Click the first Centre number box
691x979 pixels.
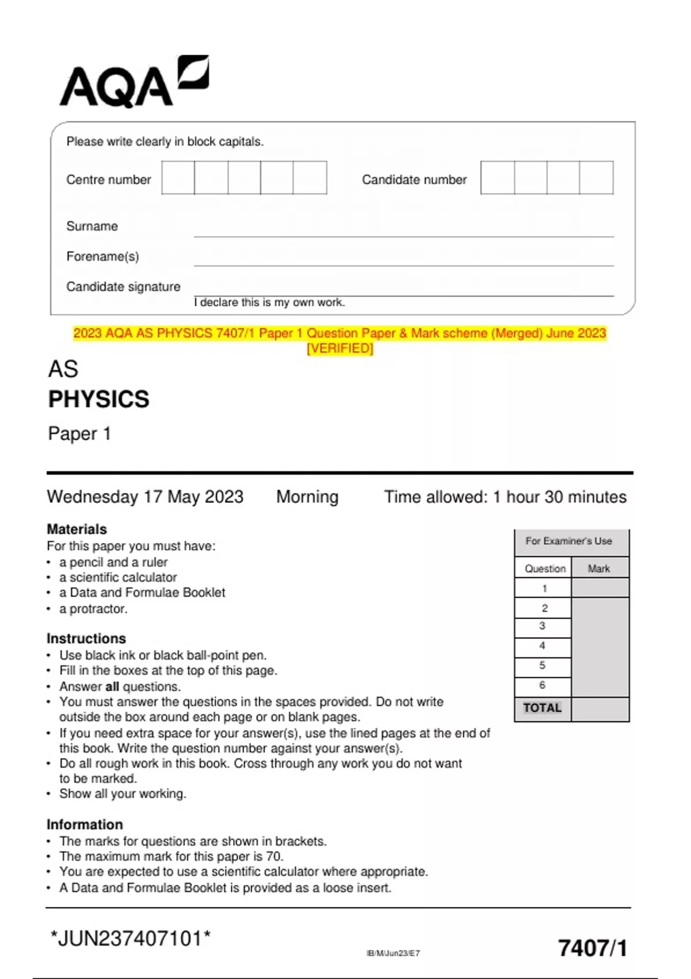(178, 178)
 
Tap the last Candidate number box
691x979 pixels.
(596, 178)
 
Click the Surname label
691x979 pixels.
(92, 226)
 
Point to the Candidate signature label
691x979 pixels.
(123, 287)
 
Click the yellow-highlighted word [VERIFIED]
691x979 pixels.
(340, 348)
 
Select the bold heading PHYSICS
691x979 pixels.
(98, 399)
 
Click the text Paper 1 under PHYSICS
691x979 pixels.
(79, 434)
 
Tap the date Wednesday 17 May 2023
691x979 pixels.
(145, 497)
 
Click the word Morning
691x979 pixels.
(307, 497)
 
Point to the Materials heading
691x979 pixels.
(77, 529)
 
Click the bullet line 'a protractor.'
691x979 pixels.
(93, 609)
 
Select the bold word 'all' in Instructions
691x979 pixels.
(112, 686)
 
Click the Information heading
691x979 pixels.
(85, 825)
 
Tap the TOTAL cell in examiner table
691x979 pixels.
(542, 708)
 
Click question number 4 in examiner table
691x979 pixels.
(542, 646)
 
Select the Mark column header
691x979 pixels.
(599, 569)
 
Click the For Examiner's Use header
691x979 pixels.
(569, 541)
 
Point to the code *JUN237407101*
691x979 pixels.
(131, 939)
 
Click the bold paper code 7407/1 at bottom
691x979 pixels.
(593, 948)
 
